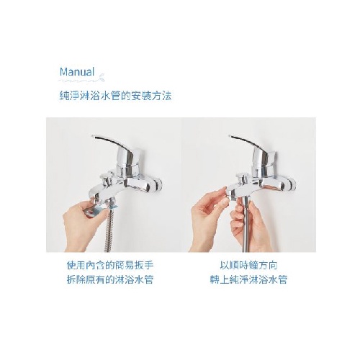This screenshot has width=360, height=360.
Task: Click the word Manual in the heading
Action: pos(77,71)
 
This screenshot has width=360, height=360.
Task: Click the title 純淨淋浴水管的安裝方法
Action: pos(115,96)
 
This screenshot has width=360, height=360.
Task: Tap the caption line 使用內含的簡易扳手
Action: pos(110,265)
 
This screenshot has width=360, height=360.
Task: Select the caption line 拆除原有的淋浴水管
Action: pos(110,279)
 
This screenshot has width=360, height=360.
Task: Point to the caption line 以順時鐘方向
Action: pos(248,265)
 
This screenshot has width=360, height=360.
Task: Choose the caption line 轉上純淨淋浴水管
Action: pos(248,279)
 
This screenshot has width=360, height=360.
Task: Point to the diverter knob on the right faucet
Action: pos(243,179)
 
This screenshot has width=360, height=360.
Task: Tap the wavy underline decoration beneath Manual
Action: pos(81,78)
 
